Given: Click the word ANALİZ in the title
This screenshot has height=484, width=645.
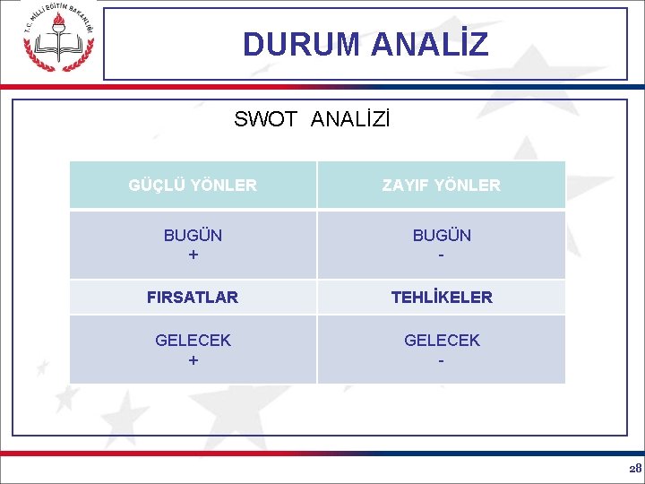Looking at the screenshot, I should pos(429,44).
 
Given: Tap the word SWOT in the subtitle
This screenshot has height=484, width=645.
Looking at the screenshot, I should pos(265,119).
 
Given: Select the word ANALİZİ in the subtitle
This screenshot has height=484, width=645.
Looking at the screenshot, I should pos(350,119).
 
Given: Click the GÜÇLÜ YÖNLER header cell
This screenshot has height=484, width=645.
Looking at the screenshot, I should pos(193,186).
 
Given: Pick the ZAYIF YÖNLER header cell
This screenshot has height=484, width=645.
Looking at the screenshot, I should pos(441,186).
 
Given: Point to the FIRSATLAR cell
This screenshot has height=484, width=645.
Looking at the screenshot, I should pos(193,297).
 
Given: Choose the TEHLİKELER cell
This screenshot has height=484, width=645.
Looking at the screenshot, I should pos(441,297).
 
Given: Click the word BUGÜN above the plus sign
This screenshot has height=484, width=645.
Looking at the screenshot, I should pos(193,236).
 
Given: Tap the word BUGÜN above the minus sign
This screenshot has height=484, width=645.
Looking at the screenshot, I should pos(442,236).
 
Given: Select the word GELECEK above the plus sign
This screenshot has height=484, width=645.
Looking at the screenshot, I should pos(193,341).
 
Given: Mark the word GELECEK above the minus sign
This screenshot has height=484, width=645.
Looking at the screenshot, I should pos(442,341).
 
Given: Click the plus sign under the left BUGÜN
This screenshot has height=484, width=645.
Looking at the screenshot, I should pos(193,255).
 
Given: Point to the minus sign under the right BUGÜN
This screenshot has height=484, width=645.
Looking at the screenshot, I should pos(442,255).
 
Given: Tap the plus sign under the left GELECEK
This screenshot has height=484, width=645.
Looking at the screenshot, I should pos(193,360).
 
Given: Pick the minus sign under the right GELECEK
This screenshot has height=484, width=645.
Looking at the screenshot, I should pos(442,360).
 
